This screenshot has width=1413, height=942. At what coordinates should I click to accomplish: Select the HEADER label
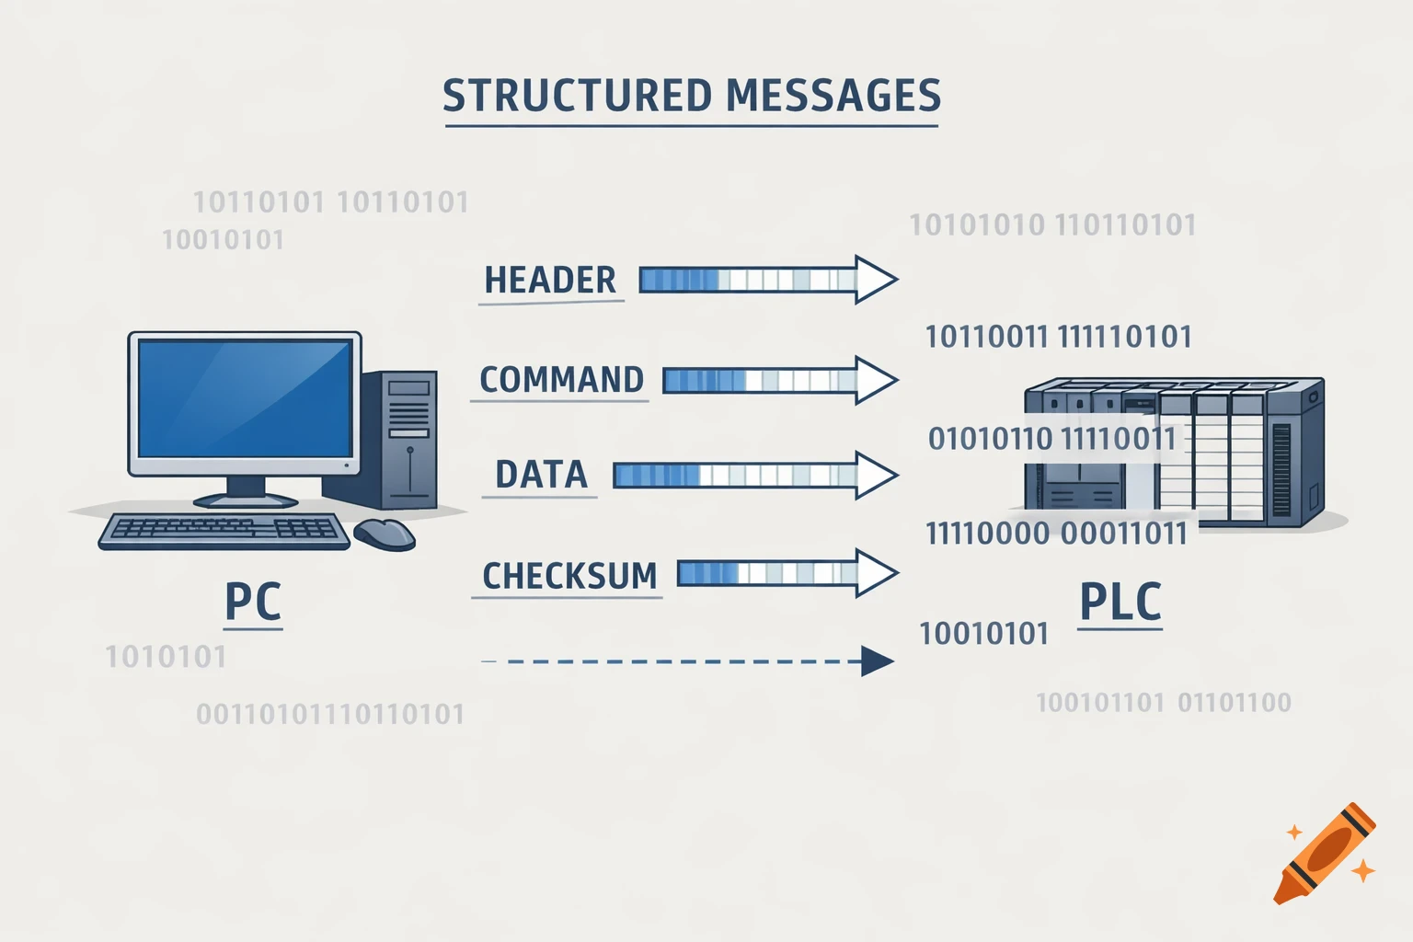coord(550,280)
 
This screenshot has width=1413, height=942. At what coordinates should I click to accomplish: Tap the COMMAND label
coord(561,380)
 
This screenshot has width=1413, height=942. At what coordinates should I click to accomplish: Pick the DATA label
coord(541,475)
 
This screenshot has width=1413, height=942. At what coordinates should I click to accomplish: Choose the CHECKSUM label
coord(569,577)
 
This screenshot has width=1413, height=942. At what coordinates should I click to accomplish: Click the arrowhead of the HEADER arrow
coord(874,279)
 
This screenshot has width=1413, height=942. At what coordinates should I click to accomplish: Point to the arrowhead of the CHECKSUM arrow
coord(874,573)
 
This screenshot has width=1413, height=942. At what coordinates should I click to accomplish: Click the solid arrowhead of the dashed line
coord(876,661)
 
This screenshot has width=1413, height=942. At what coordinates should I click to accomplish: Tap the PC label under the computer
coord(253,603)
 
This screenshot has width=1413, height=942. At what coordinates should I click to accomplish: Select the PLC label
coord(1120,603)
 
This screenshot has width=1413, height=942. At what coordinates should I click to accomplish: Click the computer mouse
coord(385,534)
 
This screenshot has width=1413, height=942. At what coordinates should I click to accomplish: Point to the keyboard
coord(224,531)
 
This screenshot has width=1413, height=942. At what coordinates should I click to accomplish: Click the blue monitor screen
coord(244,398)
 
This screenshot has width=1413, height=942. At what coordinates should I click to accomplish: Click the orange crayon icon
coord(1325,854)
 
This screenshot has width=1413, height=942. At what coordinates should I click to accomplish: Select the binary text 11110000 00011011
coord(1056,534)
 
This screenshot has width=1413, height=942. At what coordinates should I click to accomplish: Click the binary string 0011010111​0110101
coord(330,714)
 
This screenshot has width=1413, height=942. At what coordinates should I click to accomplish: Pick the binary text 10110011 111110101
coord(1058,337)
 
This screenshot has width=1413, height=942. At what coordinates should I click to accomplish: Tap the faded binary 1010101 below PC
coord(166,657)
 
